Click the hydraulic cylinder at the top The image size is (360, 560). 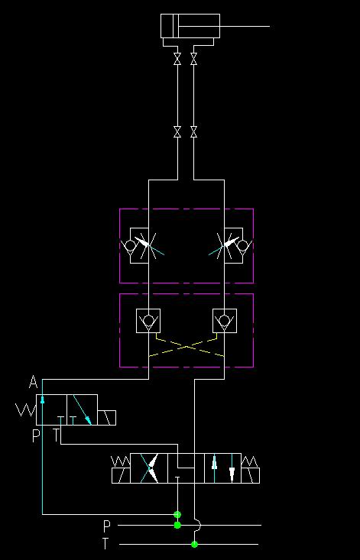tap(190, 26)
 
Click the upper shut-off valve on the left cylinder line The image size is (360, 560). tap(177, 59)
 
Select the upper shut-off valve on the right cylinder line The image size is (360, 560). tap(193, 59)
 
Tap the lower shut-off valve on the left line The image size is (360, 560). tap(177, 131)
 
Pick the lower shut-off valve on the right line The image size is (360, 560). tap(193, 131)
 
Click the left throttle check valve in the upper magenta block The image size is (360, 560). tap(142, 246)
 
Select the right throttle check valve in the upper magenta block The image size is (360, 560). tap(231, 246)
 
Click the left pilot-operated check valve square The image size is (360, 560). tap(148, 321)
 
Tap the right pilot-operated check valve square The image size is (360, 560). tap(224, 321)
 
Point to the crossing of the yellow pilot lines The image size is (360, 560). tap(186, 346)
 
